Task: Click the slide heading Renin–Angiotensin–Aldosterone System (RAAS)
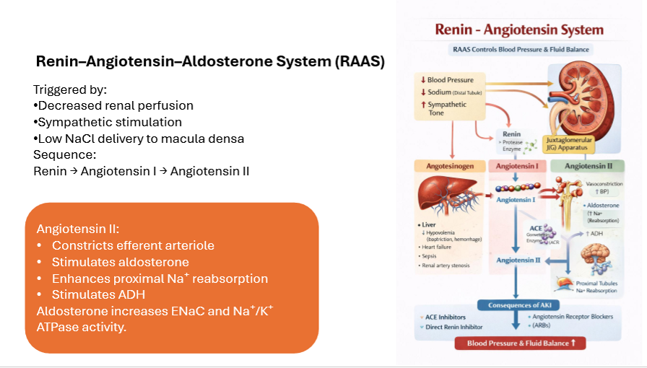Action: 210,62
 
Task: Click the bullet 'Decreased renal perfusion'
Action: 115,105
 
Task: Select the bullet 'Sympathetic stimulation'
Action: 109,122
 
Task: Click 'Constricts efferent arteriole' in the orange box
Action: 133,245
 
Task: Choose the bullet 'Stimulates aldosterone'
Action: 120,262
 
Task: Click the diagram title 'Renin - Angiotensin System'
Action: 518,30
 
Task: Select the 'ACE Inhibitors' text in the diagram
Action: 446,317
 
